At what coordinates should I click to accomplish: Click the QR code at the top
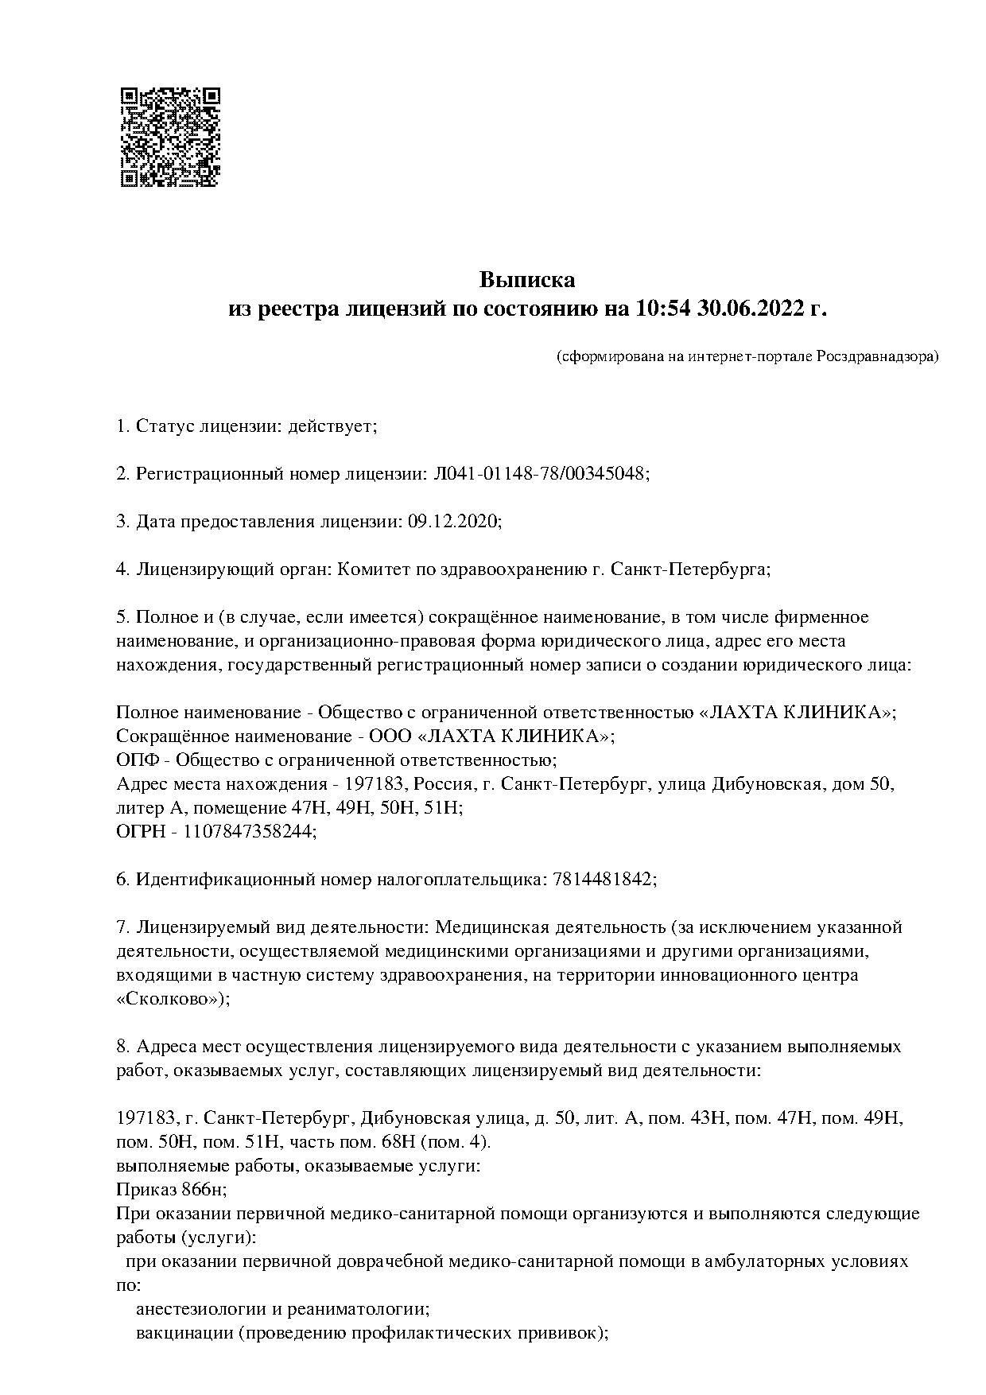169,138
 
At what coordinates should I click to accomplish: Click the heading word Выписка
527,280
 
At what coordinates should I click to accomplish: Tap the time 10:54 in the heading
662,309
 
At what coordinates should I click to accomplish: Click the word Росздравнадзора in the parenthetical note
876,356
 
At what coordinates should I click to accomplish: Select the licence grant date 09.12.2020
454,522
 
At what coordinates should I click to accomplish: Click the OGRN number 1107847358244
249,832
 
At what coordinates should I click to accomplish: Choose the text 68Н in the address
398,1142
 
